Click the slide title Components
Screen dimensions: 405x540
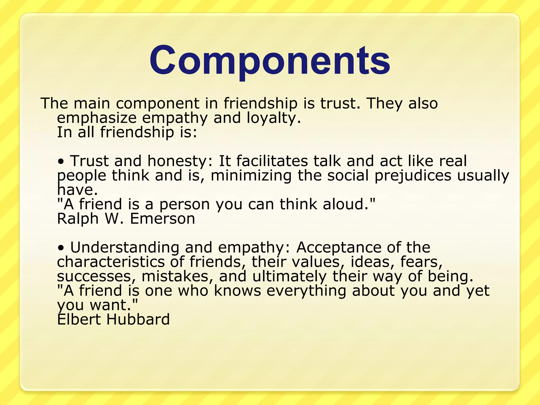pyautogui.click(x=269, y=61)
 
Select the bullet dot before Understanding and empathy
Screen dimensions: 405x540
pyautogui.click(x=61, y=248)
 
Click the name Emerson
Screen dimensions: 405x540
pyautogui.click(x=162, y=219)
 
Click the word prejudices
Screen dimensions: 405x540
pyautogui.click(x=413, y=176)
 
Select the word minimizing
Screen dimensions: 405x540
pyautogui.click(x=251, y=176)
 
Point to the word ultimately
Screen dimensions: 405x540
pyautogui.click(x=289, y=277)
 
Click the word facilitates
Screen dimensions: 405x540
pyautogui.click(x=272, y=161)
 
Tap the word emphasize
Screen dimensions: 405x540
pyautogui.click(x=97, y=118)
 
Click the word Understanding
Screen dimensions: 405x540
pyautogui.click(x=124, y=248)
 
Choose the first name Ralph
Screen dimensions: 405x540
pyautogui.click(x=78, y=219)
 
